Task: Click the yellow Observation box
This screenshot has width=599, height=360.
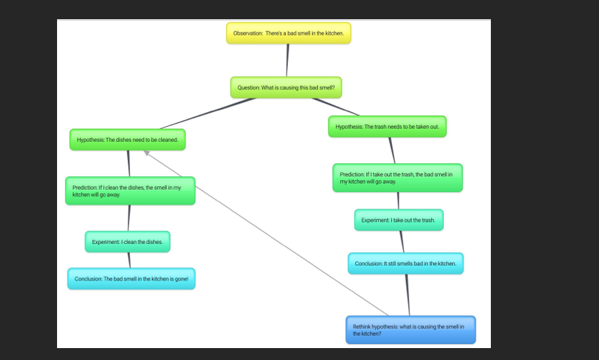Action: [x=288, y=33]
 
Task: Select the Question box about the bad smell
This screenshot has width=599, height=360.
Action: [x=286, y=88]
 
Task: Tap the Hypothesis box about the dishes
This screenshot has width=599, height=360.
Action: [x=127, y=140]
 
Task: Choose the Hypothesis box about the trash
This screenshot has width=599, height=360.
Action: [x=387, y=127]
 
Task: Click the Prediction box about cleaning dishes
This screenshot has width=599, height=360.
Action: [x=130, y=191]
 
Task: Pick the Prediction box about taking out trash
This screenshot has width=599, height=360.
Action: [x=397, y=178]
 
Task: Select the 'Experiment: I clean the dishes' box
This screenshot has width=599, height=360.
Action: [x=127, y=242]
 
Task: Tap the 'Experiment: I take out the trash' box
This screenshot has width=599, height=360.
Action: [x=398, y=220]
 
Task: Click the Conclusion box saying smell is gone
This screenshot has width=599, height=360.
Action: [x=131, y=278]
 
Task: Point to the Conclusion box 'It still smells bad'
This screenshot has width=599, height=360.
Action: [x=405, y=263]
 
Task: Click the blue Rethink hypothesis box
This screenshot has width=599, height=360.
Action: [x=411, y=330]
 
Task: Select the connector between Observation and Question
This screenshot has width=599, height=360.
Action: [x=288, y=60]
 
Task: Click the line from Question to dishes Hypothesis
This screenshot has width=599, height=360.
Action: [x=207, y=113]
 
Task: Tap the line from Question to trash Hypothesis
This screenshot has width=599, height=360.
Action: [x=336, y=107]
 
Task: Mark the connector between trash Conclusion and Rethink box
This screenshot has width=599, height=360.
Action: [x=407, y=295]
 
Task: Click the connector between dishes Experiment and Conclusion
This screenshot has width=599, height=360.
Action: [x=129, y=260]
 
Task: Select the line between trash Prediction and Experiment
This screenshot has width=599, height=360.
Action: [x=398, y=201]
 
